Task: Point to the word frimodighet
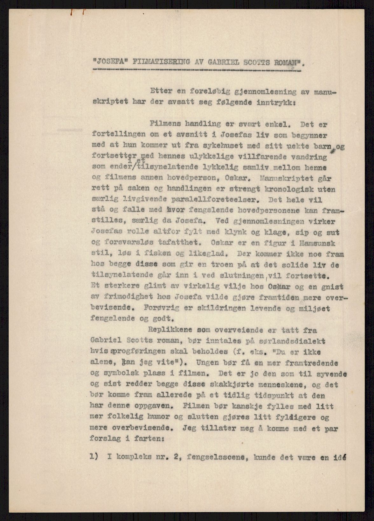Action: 130,297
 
